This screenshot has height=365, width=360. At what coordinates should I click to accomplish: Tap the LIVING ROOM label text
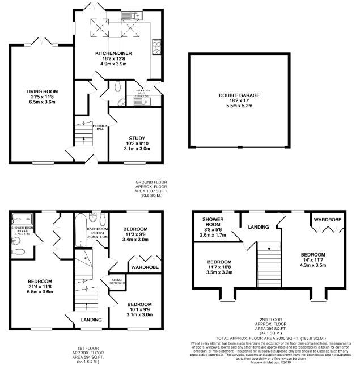[42, 91]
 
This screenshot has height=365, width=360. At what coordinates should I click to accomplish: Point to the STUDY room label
[137, 138]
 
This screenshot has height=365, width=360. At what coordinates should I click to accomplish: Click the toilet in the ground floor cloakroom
[117, 86]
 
